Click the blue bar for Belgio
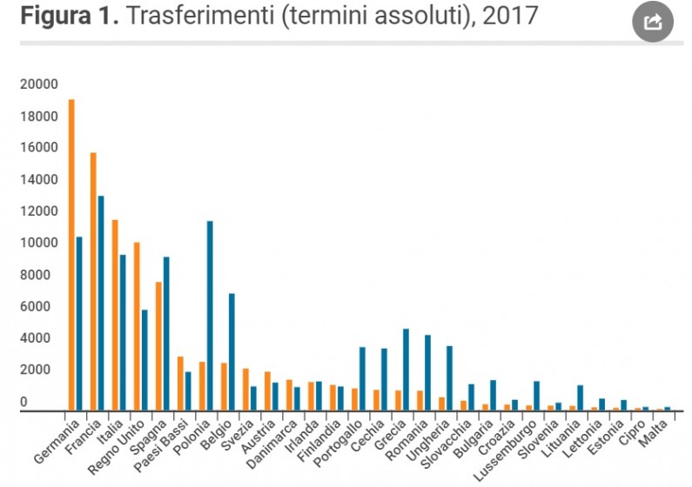click(x=232, y=351)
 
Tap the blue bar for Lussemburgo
click(x=536, y=396)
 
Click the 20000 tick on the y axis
click(x=40, y=84)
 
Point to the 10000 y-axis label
click(x=40, y=243)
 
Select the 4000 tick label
click(x=44, y=338)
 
